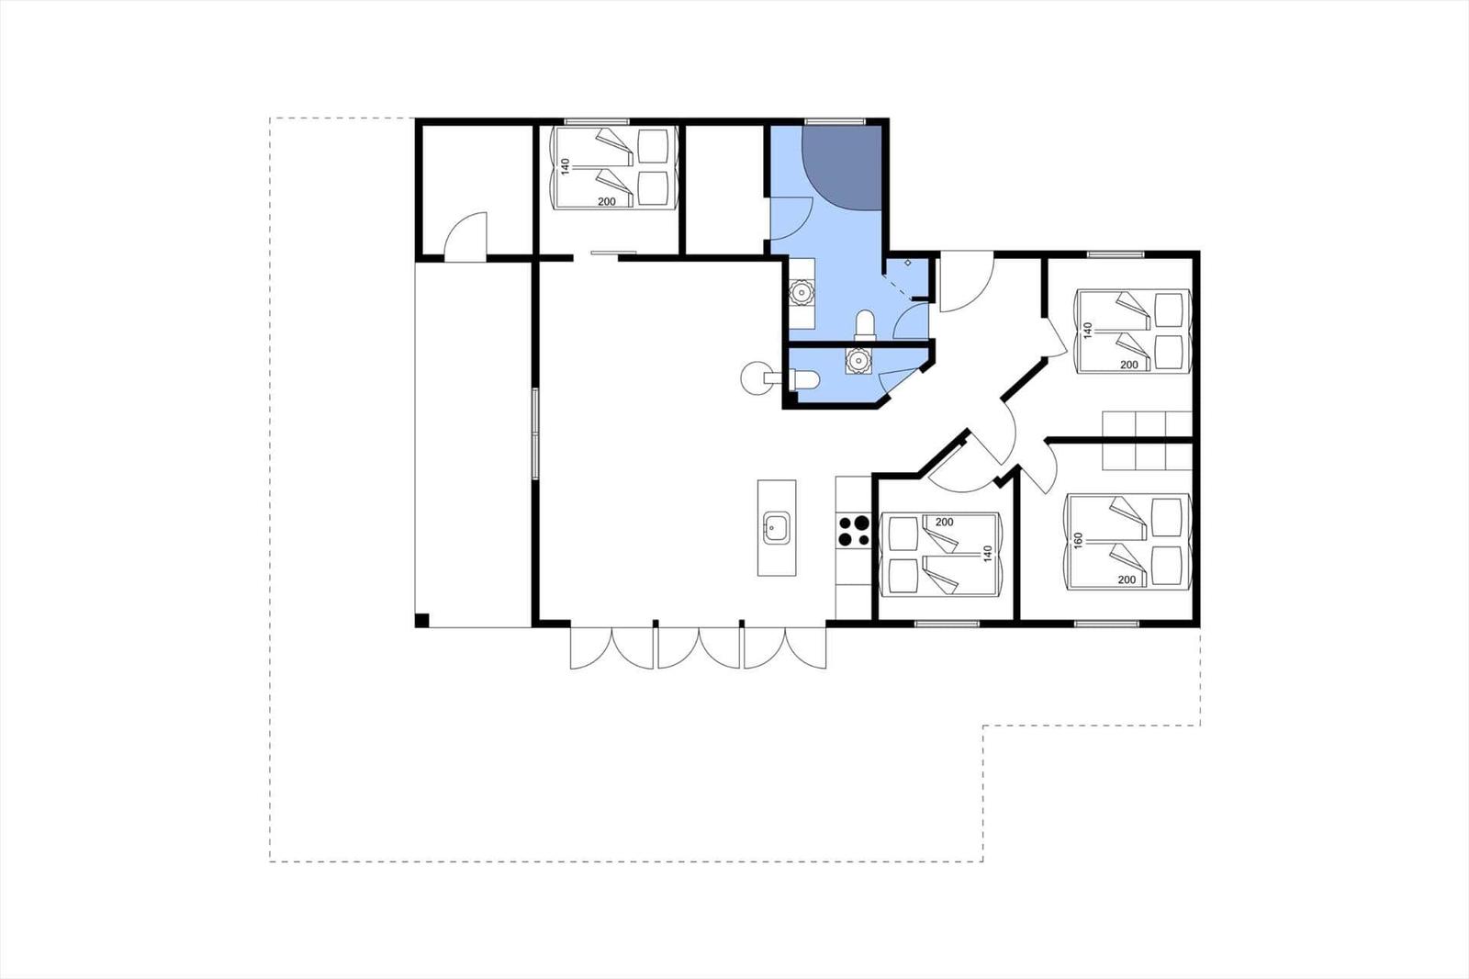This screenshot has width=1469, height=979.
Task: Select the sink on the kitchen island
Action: tap(777, 527)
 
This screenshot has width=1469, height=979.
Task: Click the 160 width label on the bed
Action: tap(1077, 540)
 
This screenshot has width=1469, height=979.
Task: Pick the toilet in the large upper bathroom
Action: tap(865, 325)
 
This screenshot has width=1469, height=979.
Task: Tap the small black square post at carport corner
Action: tap(422, 620)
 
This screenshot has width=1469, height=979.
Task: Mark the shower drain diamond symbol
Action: tap(908, 263)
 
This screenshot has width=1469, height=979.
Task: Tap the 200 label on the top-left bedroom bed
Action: tap(607, 201)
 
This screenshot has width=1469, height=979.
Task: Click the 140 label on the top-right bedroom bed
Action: tap(1088, 330)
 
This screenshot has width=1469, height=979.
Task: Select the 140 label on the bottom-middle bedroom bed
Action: tap(988, 553)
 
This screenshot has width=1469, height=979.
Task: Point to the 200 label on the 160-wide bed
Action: tap(1127, 580)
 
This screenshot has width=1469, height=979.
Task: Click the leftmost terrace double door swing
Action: tap(611, 648)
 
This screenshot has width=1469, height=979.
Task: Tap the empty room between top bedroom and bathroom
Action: tap(724, 189)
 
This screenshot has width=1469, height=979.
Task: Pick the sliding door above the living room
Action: tap(613, 252)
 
